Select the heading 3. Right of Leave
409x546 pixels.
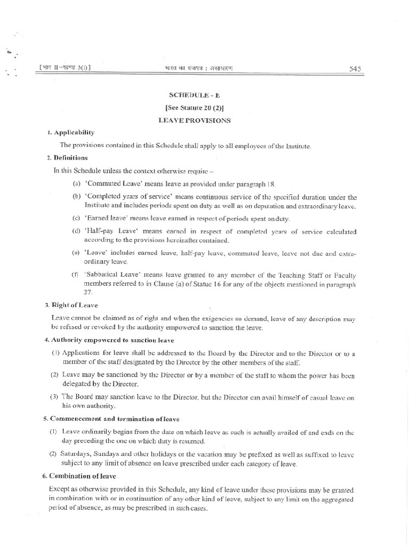coord(71,306)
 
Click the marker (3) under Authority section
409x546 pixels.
coord(54,397)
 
